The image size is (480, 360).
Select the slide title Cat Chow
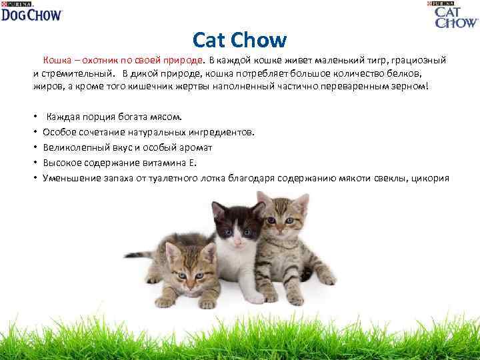click(239, 41)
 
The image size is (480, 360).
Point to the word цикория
click(431, 178)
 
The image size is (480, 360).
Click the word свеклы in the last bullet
click(395, 178)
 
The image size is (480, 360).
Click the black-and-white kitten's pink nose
click(238, 237)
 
